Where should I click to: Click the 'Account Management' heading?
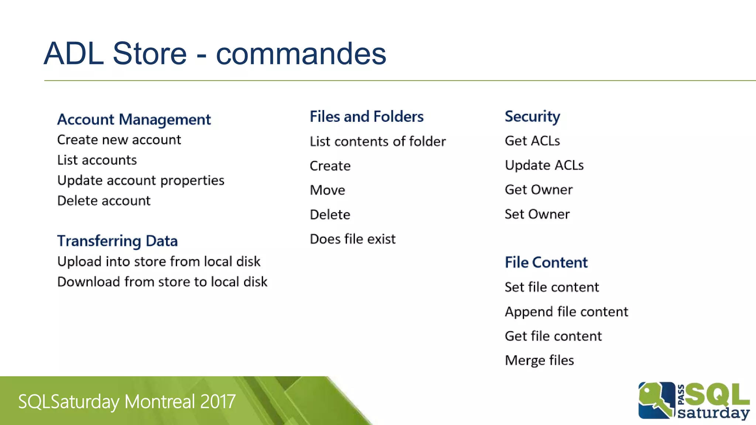[x=134, y=120]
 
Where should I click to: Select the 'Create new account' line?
[x=119, y=140]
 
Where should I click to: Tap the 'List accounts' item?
[x=97, y=160]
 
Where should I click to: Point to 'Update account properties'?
[x=141, y=180]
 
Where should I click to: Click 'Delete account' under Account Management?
[x=104, y=201]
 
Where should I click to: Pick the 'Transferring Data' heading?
[x=117, y=241]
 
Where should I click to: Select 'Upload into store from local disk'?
[x=159, y=262]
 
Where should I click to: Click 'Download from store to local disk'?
[x=162, y=282]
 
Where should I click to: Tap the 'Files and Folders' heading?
[x=367, y=117]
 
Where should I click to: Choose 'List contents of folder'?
[x=378, y=141]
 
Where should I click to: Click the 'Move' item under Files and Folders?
[x=327, y=190]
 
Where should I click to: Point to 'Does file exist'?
[x=353, y=239]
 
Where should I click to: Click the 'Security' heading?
[x=532, y=117]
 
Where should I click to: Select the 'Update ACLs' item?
[x=544, y=165]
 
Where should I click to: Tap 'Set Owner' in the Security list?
[x=537, y=214]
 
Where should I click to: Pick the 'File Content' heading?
[x=546, y=263]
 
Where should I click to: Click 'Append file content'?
[x=566, y=312]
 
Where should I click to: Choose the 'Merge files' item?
[x=539, y=360]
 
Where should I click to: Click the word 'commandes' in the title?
[x=301, y=54]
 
